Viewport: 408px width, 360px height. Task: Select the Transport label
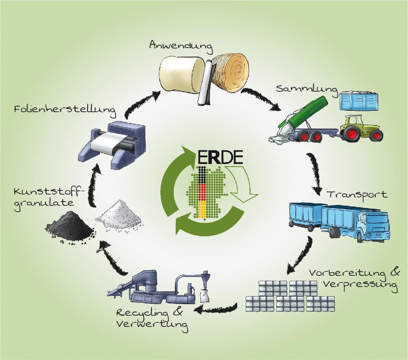pos(357,195)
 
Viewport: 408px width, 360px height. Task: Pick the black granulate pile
pos(70,227)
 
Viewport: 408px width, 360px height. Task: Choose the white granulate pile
pos(119,215)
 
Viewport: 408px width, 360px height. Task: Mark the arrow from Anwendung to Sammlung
pos(263,99)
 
